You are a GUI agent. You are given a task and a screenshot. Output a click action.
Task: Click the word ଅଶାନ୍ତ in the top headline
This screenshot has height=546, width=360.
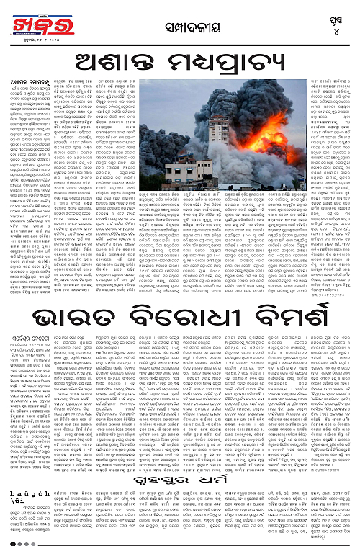(107, 58)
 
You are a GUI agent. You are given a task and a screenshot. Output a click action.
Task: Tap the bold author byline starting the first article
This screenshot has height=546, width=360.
(21, 80)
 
